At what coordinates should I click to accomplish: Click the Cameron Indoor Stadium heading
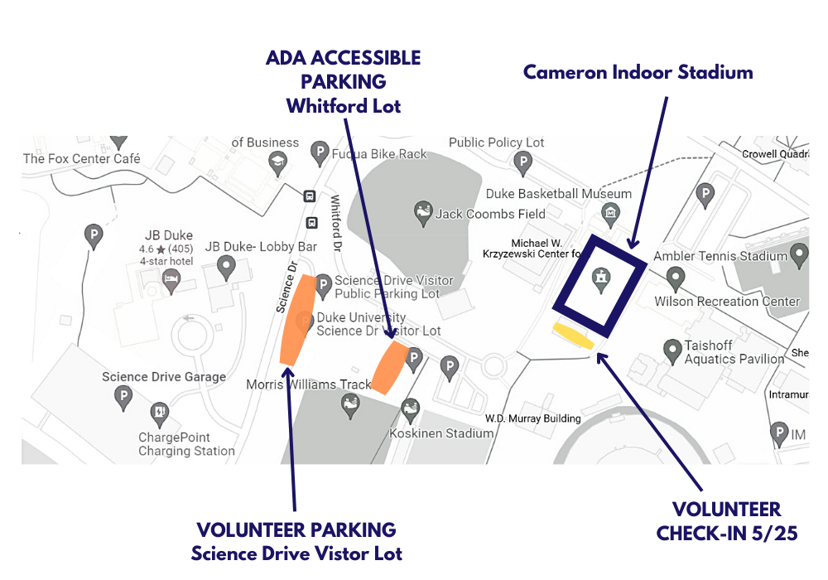click(x=638, y=72)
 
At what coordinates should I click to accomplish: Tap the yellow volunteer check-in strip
click(x=573, y=336)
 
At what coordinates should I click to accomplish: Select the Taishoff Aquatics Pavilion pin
click(x=673, y=350)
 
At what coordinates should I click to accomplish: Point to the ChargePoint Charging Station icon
click(x=159, y=411)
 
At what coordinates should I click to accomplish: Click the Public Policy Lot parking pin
click(x=522, y=163)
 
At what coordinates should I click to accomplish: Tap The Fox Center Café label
click(x=82, y=158)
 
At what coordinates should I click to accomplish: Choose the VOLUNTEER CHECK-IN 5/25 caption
click(x=726, y=521)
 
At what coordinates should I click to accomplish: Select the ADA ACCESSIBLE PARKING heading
click(x=343, y=70)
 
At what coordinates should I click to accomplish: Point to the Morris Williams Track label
click(x=309, y=384)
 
